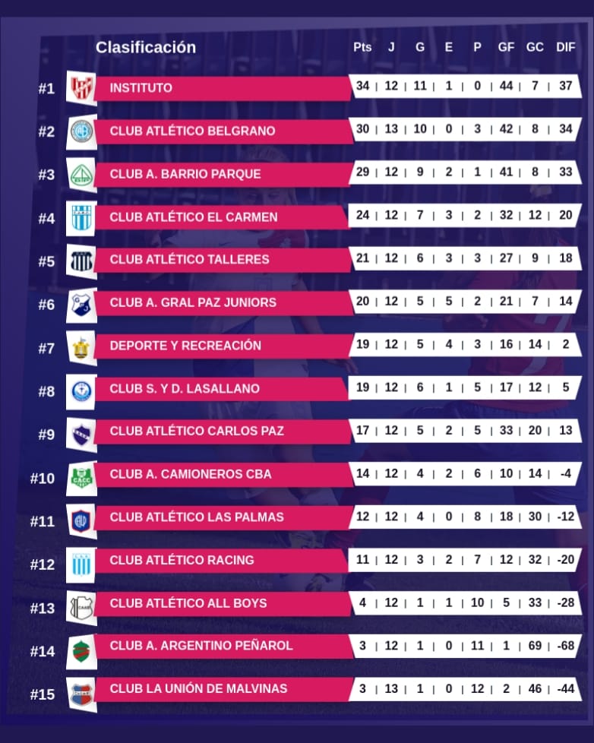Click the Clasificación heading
[145, 47]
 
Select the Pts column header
[362, 47]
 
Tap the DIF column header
[566, 47]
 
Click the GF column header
[506, 47]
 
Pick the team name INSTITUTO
[141, 88]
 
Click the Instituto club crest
[81, 88]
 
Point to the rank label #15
[43, 694]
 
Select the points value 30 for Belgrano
[362, 129]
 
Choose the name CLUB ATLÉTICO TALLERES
[189, 260]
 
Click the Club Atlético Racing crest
[81, 563]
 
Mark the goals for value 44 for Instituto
[506, 86]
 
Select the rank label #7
[46, 348]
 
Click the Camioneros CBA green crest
[81, 478]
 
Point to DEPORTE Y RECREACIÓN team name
[185, 346]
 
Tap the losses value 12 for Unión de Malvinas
[477, 688]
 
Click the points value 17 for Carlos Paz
[362, 430]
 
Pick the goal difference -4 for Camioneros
[565, 473]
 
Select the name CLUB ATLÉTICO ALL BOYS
[188, 603]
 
